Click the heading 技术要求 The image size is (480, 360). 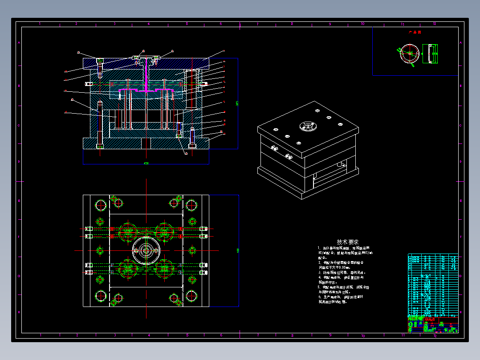pyautogui.click(x=348, y=241)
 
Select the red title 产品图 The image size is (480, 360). pyautogui.click(x=415, y=33)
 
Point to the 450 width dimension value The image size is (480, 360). pyautogui.click(x=146, y=164)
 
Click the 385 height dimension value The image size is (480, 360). pyautogui.click(x=237, y=103)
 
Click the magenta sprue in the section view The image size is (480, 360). pyautogui.click(x=146, y=78)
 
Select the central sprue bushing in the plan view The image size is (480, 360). pyautogui.click(x=146, y=251)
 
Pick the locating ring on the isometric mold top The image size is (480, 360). pyautogui.click(x=307, y=126)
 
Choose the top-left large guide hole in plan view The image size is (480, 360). pyautogui.click(x=100, y=205)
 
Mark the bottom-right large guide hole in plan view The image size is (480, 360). pyautogui.click(x=191, y=295)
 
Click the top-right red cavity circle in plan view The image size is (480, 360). pyautogui.click(x=165, y=232)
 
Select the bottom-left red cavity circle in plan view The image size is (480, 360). pyautogui.click(x=127, y=269)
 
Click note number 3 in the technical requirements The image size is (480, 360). pyautogui.click(x=319, y=272)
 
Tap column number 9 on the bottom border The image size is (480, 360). pyautogui.click(x=330, y=335)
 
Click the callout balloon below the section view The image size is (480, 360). pyautogui.click(x=186, y=153)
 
